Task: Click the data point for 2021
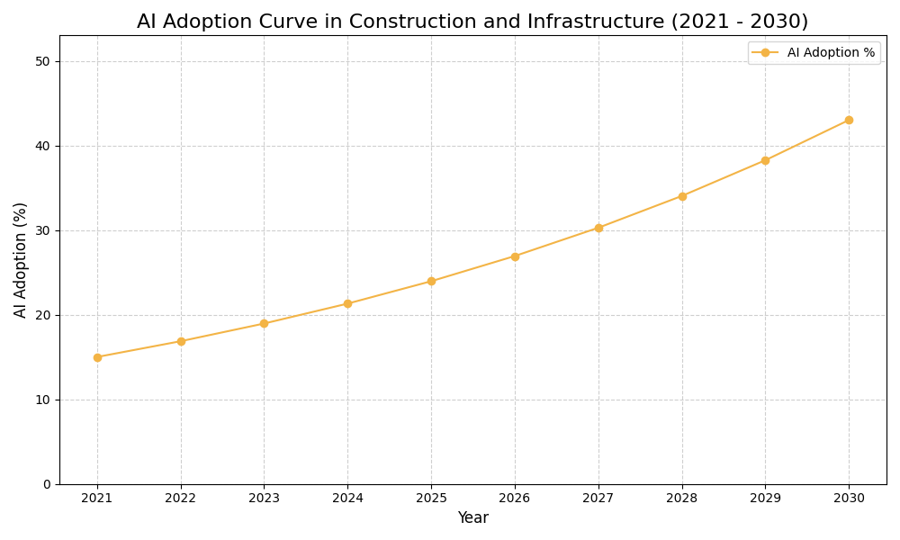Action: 97,357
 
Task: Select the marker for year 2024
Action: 347,303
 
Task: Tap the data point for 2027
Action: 598,228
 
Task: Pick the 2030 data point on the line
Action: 849,120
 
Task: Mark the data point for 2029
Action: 765,160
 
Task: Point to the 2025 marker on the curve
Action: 431,281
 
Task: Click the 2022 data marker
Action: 181,341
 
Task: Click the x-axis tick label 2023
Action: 264,498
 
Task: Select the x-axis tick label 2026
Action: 515,498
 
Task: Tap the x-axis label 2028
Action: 681,498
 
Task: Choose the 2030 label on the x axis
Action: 849,498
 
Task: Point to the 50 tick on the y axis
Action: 42,61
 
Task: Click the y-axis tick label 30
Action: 42,230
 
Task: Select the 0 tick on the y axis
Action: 46,484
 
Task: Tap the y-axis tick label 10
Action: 42,400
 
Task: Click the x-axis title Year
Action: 472,518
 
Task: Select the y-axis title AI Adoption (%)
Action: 21,259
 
